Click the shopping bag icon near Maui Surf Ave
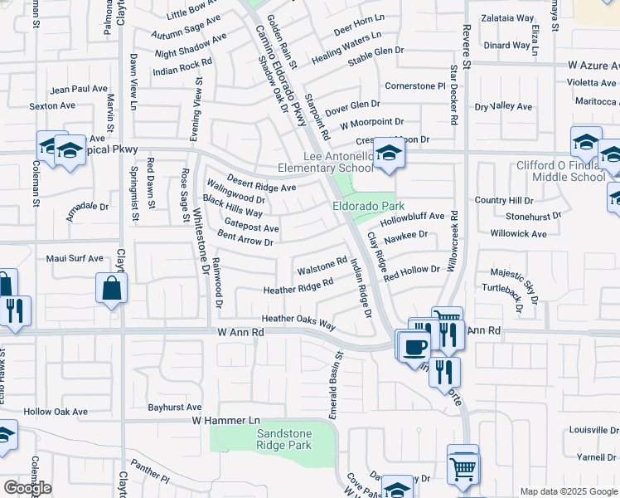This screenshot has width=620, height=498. [x=111, y=289]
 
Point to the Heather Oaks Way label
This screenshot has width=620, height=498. [x=298, y=320]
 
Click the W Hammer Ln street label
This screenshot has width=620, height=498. [x=225, y=422]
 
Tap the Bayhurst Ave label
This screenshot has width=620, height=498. [x=175, y=408]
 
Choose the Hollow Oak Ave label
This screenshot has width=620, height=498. [x=56, y=412]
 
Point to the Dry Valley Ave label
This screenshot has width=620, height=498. [x=502, y=106]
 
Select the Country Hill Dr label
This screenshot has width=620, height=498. [x=504, y=201]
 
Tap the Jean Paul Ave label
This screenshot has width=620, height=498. [x=79, y=89]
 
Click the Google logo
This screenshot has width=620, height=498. [x=27, y=487]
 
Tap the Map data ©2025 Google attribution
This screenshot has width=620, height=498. [x=568, y=491]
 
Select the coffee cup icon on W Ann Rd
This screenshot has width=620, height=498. [x=414, y=346]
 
